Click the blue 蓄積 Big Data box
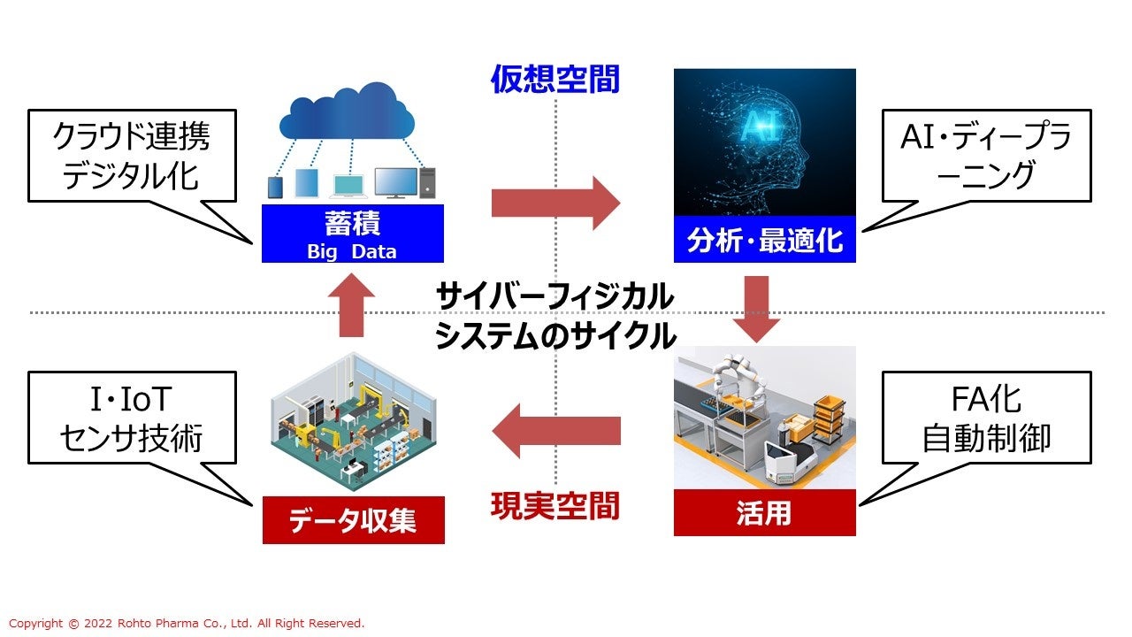click(x=353, y=234)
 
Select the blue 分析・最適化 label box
click(x=764, y=239)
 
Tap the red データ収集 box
click(x=353, y=520)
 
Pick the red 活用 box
click(x=764, y=512)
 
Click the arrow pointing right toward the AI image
click(x=555, y=203)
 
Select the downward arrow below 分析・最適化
click(x=756, y=308)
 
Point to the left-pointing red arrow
click(x=555, y=431)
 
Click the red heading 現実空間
click(x=555, y=507)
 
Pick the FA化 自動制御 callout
click(x=985, y=418)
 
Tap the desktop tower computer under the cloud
click(x=428, y=182)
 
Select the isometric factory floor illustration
click(x=353, y=423)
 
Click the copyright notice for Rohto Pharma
click(x=187, y=624)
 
